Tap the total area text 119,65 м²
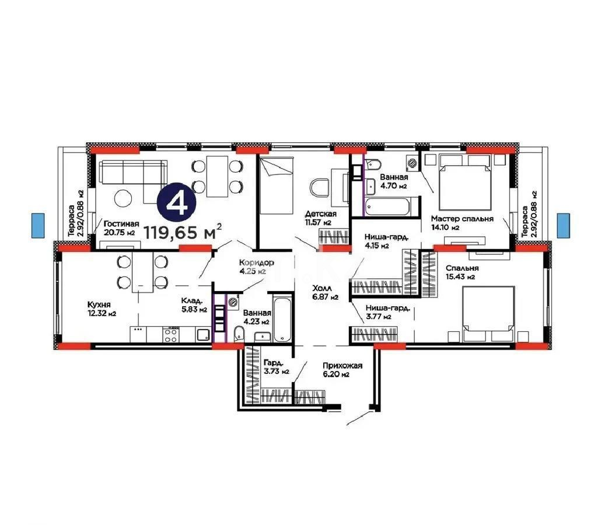coord(183,233)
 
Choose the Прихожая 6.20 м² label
coord(342,370)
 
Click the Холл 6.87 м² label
coord(325,292)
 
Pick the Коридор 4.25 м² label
coord(253,267)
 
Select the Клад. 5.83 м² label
coord(194,305)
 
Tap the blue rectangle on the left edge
coord(37,225)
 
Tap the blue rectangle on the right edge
coord(563,225)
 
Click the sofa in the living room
coord(131,172)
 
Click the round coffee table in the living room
coord(124,198)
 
